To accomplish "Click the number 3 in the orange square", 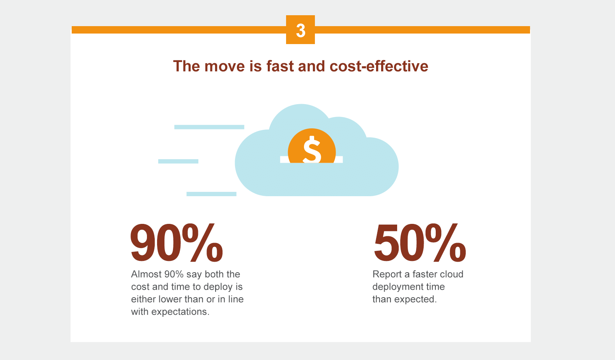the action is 300,30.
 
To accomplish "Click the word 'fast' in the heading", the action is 280,66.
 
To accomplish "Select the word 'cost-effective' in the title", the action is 379,66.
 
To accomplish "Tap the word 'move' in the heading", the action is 224,67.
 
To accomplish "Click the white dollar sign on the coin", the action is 312,149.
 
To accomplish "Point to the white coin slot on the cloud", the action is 311,160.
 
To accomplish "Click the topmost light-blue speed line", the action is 209,127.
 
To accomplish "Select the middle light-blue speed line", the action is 178,161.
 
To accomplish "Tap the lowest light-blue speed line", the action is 211,194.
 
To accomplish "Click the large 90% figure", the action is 176,243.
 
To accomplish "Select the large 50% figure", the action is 419,243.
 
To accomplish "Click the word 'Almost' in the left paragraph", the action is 146,274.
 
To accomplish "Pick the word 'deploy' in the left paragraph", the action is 218,287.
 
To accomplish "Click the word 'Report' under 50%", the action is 387,274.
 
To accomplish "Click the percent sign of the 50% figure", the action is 445,242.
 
